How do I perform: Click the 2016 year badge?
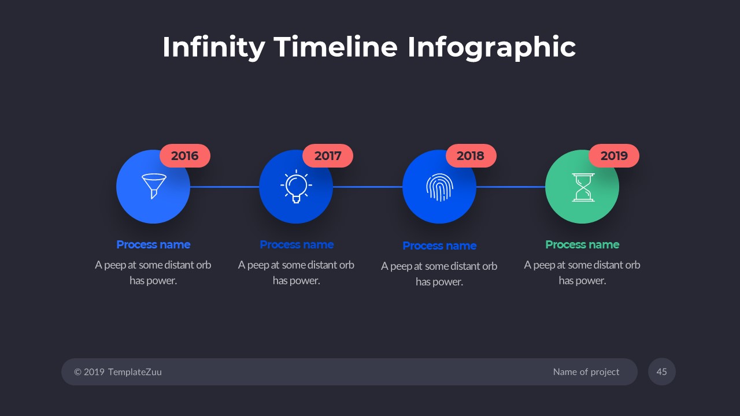tap(184, 156)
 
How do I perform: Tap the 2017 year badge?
tap(328, 156)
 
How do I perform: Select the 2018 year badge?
tap(471, 156)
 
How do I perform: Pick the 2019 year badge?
tap(614, 156)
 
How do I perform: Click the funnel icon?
tap(154, 186)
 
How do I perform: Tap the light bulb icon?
tap(296, 187)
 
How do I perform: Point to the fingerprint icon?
tap(439, 187)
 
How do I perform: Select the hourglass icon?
tap(583, 187)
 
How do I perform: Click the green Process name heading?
tap(582, 244)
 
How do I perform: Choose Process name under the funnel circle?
tap(153, 244)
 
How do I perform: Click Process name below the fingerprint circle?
tap(439, 246)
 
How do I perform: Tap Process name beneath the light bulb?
tap(297, 244)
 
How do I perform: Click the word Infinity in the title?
tap(213, 47)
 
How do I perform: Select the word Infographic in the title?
tap(491, 47)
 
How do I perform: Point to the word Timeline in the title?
tap(336, 47)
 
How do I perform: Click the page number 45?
tap(662, 372)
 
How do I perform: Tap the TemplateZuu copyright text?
tap(118, 372)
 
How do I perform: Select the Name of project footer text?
tap(586, 372)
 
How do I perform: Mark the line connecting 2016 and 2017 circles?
tap(224, 187)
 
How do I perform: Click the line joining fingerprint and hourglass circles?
tap(510, 187)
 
